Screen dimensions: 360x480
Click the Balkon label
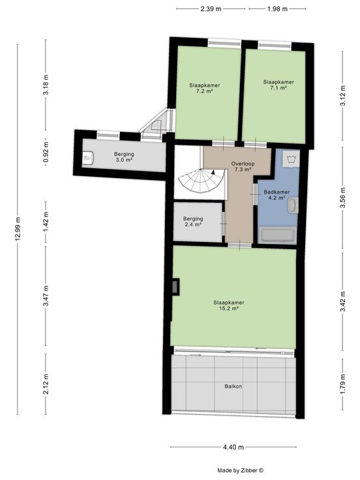pos(233,386)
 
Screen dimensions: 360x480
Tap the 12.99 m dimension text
pos(18,229)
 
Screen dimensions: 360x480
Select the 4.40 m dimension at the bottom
pos(233,447)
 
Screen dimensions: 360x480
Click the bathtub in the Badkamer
pos(278,235)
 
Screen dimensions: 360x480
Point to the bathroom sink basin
pos(293,205)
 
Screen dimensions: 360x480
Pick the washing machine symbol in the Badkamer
pos(290,158)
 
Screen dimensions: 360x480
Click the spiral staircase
pos(201,181)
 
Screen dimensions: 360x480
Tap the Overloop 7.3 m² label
pos(243,166)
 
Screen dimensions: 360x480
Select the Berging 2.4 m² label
pos(193,221)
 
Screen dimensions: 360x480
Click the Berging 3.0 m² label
pos(124,157)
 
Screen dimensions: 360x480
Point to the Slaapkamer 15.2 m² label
pos(229,305)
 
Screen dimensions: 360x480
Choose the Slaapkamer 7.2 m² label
pos(205,88)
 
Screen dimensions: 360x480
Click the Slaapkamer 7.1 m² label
pos(278,85)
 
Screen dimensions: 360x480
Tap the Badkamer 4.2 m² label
pos(277,195)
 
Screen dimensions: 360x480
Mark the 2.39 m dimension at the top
pos(211,9)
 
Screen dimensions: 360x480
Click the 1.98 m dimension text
pos(277,9)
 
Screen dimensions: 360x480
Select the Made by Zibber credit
pos(240,470)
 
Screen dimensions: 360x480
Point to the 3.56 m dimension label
pos(343,198)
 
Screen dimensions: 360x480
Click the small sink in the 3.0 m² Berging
pos(89,158)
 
